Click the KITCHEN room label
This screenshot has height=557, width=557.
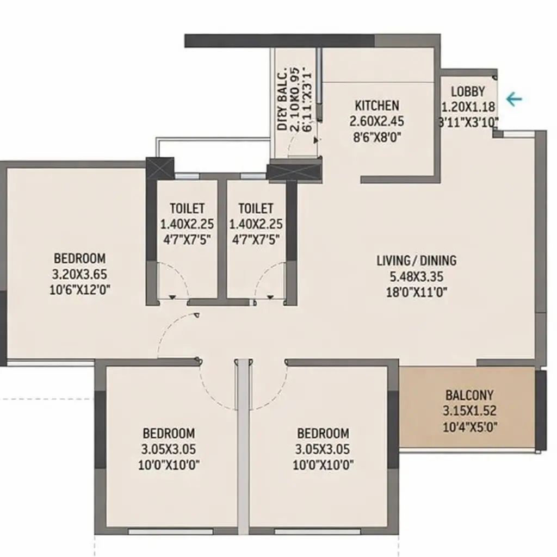click(x=376, y=106)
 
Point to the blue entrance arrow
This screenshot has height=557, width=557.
click(x=513, y=99)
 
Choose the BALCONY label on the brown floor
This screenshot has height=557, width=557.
click(x=471, y=395)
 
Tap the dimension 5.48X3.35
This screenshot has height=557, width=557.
click(x=416, y=276)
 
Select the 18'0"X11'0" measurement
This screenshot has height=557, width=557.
click(x=416, y=291)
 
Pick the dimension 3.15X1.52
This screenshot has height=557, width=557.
click(x=471, y=411)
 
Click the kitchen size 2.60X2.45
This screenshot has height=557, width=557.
click(x=376, y=121)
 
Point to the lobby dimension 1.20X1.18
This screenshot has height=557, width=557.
click(x=468, y=107)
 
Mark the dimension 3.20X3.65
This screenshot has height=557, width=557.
click(x=79, y=274)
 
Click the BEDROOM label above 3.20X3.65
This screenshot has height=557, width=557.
click(x=79, y=258)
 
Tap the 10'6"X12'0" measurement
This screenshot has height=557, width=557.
click(x=79, y=289)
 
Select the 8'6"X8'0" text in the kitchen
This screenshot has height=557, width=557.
click(x=376, y=137)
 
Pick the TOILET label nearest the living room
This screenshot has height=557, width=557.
click(x=256, y=208)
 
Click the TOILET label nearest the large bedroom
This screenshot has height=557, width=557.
click(x=187, y=208)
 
